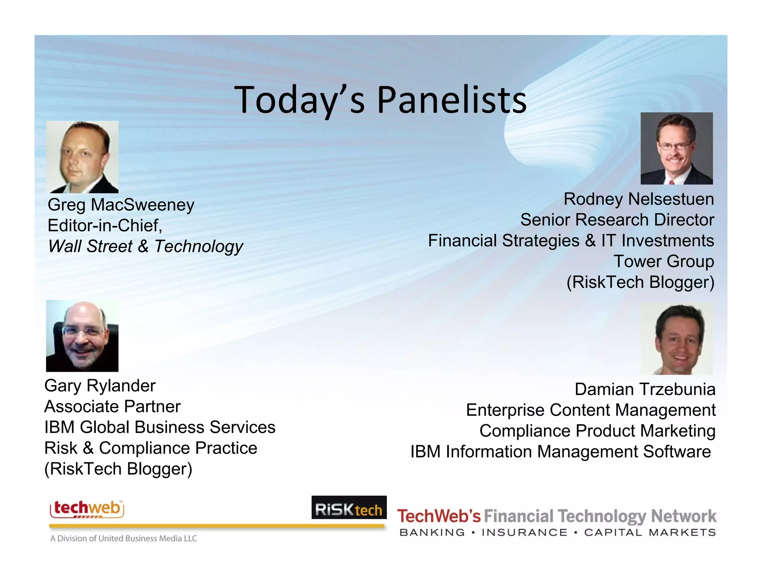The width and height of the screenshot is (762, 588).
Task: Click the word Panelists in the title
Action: point(452,100)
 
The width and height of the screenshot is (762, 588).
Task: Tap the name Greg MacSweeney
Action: point(121,205)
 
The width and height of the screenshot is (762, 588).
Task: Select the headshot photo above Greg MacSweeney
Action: point(82,157)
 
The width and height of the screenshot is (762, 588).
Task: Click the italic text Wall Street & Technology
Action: point(145,246)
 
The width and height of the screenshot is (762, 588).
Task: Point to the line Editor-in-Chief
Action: point(105,225)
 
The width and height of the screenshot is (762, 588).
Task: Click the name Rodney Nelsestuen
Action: point(638,199)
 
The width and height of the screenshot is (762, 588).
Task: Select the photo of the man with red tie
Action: point(676,148)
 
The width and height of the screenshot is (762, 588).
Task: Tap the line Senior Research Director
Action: point(617,220)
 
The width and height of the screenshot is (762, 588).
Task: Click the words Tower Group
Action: point(663,261)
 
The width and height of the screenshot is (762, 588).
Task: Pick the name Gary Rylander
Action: point(100,386)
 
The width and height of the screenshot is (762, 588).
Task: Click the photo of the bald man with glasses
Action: point(82,336)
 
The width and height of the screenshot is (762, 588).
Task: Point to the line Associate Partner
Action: point(112,407)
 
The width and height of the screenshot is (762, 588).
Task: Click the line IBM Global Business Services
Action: point(160,427)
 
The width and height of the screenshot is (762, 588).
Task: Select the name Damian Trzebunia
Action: point(645,389)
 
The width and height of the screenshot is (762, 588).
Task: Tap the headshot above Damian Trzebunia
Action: point(676,339)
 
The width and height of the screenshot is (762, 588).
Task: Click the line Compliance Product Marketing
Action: point(597,431)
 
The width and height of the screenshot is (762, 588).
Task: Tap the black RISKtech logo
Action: point(349,508)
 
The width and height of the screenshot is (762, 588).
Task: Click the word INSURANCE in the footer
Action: point(524,533)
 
